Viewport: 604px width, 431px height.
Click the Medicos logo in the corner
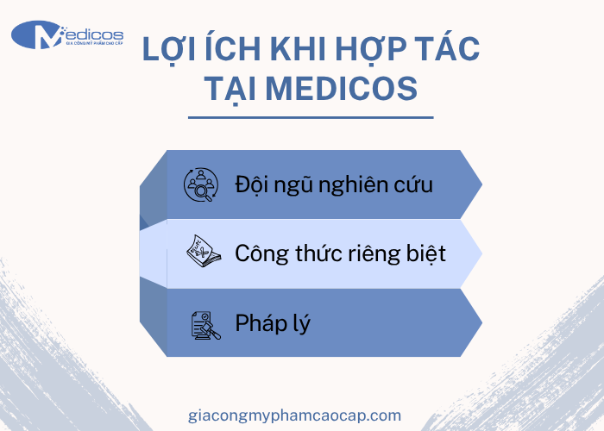(66, 35)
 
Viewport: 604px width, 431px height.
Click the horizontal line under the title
(310, 117)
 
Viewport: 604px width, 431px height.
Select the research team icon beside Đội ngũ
(201, 184)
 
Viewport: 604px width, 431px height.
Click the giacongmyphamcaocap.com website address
(294, 415)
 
